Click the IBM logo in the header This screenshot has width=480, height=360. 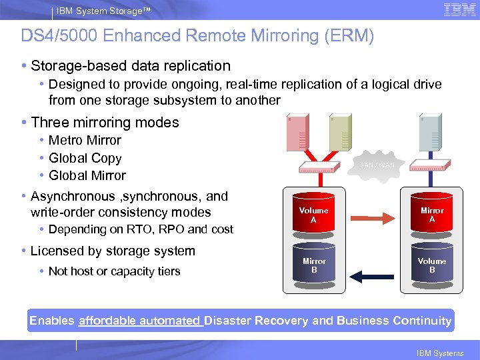point(459,10)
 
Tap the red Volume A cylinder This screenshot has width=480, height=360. point(313,215)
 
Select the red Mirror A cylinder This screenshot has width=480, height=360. point(432,215)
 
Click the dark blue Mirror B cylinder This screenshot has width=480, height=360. point(313,265)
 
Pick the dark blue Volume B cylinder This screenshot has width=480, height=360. point(432,265)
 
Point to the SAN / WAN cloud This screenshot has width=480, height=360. point(377,165)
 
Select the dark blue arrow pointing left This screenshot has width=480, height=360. point(373,275)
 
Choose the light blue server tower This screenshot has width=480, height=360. point(430,133)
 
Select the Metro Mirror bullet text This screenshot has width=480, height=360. point(85,141)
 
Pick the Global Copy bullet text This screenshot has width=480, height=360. point(85,159)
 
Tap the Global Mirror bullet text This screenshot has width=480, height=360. point(87,176)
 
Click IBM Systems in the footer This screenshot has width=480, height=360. point(439,353)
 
